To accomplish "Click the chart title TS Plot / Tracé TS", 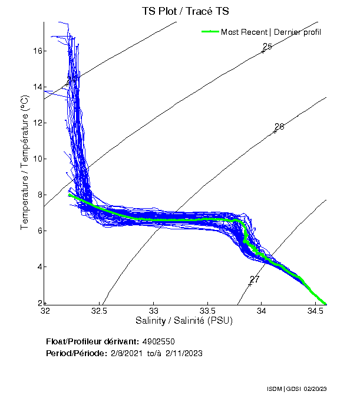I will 185,11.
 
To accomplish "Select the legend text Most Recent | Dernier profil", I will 271,32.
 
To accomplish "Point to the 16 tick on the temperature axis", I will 37,51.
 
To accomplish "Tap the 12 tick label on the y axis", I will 37,123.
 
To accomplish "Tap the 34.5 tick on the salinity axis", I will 316,310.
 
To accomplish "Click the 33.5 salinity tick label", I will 208,310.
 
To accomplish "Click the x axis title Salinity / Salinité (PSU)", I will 184,321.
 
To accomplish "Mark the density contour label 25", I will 267,47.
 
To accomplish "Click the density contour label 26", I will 279,127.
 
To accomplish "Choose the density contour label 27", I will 255,279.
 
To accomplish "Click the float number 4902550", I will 158,342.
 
